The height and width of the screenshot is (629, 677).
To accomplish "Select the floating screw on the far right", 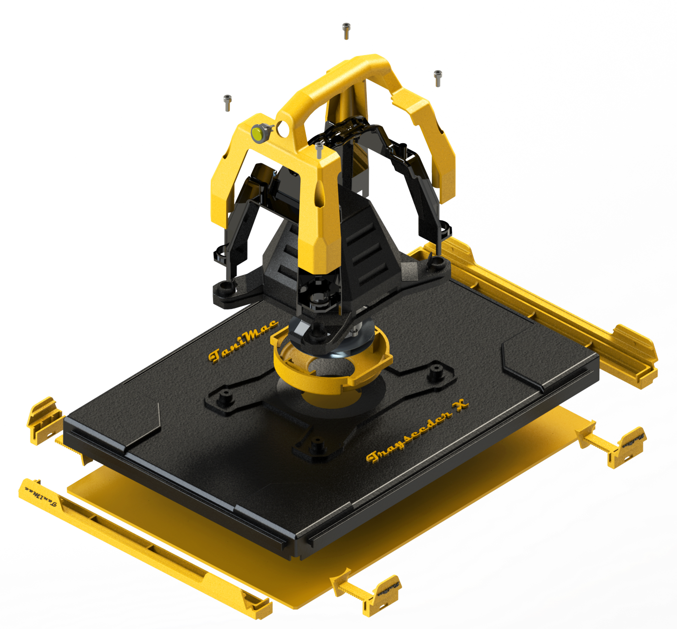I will [438, 78].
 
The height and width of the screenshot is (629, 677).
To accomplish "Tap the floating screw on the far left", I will [228, 102].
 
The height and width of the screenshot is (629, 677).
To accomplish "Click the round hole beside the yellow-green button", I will [282, 129].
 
